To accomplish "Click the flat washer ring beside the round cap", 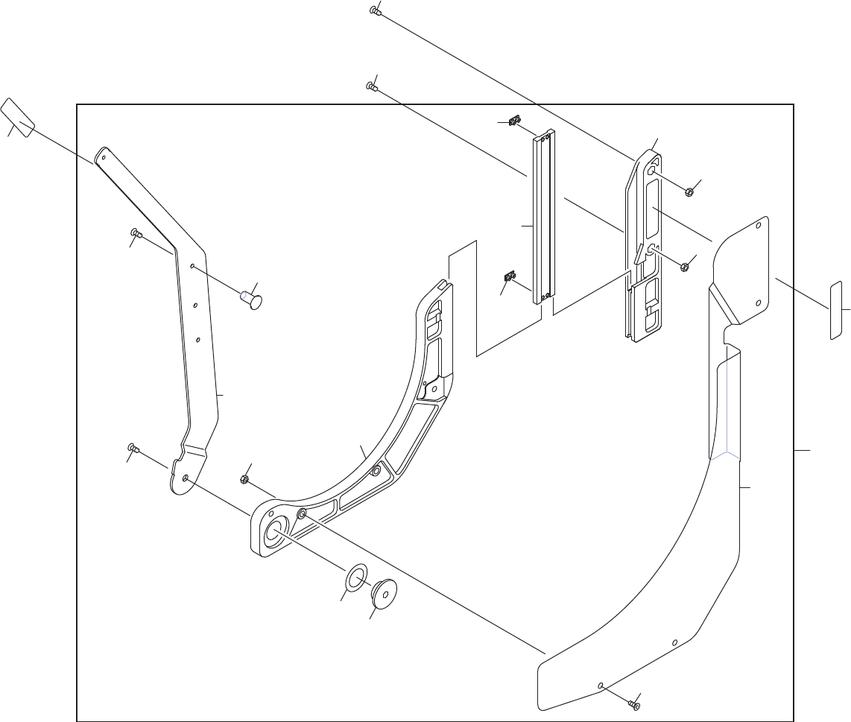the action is [x=357, y=577].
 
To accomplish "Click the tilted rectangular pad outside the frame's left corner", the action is [x=18, y=118].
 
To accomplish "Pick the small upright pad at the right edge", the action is [x=835, y=310].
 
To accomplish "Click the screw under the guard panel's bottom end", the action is [x=633, y=704].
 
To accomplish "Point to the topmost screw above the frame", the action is [x=375, y=10].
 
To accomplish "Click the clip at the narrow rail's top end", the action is [x=514, y=121].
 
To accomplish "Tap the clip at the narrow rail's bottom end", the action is [x=510, y=278].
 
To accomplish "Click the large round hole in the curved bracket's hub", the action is [x=273, y=530].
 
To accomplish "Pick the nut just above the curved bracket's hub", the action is [x=244, y=479].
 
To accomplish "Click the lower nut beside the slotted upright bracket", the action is [x=684, y=266].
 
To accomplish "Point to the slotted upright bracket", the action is [x=642, y=246].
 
